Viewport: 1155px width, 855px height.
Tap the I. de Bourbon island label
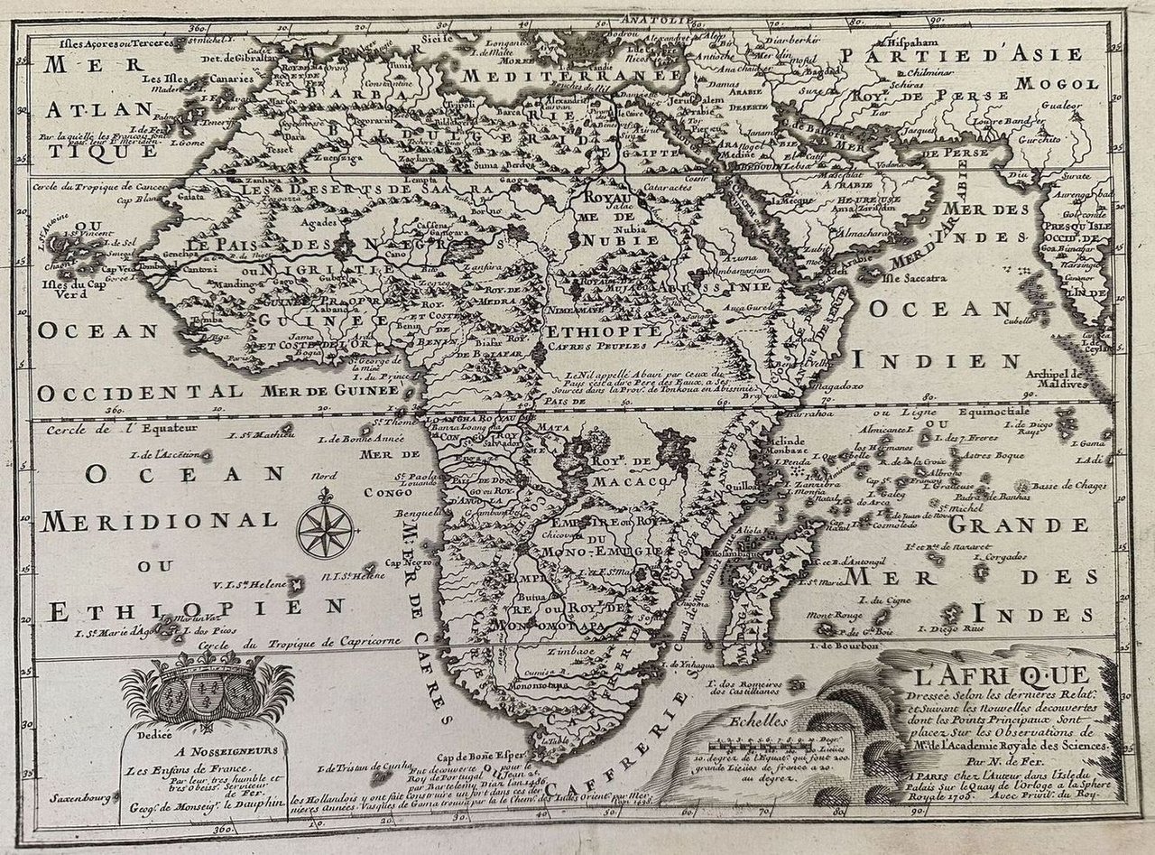pos(844,646)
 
